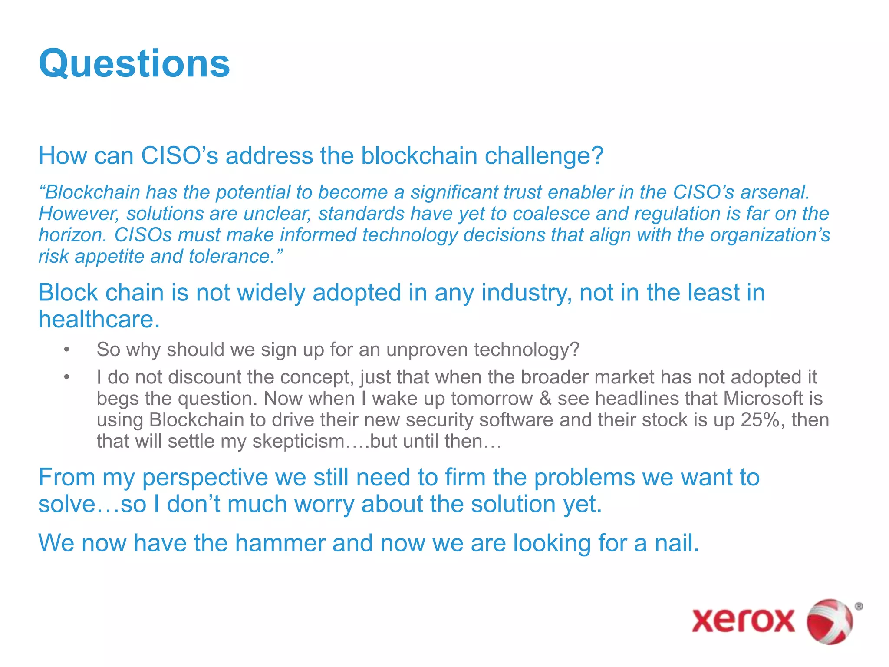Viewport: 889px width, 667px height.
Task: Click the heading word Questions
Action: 134,64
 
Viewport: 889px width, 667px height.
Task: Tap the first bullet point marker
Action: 66,350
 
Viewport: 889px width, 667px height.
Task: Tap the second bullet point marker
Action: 66,377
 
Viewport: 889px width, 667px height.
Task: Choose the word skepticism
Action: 298,441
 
